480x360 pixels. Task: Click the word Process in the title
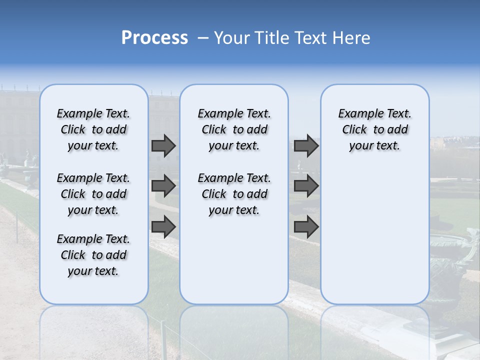coord(154,37)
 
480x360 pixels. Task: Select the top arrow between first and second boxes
coord(163,145)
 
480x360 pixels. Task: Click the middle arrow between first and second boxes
coord(163,186)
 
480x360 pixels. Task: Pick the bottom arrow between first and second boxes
coord(163,227)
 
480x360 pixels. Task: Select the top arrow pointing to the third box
coord(306,145)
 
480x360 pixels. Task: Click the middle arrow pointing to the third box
coord(306,186)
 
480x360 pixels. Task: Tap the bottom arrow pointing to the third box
coord(306,227)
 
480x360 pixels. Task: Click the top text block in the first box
coord(93,129)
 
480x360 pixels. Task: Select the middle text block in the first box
coord(93,194)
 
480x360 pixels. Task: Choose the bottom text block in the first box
coord(93,255)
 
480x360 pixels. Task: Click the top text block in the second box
coord(234,129)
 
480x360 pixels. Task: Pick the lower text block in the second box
coord(234,194)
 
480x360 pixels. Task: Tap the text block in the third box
coord(374,129)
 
